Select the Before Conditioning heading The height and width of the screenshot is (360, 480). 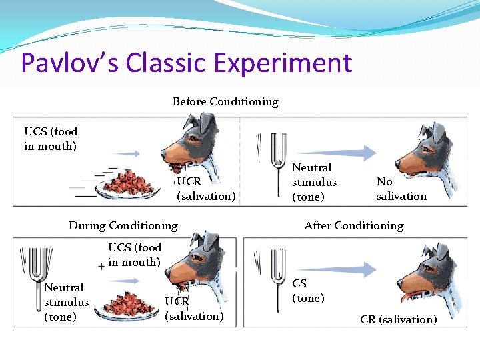pyautogui.click(x=225, y=102)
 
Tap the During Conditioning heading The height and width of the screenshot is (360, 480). pyautogui.click(x=123, y=225)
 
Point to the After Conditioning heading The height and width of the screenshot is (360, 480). pyautogui.click(x=353, y=225)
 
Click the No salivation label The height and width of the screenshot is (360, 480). pyautogui.click(x=401, y=189)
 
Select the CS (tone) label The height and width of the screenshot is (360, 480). pyautogui.click(x=308, y=291)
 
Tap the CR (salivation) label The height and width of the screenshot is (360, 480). pyautogui.click(x=399, y=319)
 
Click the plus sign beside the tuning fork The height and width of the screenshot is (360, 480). pyautogui.click(x=101, y=266)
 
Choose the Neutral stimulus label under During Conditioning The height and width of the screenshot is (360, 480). pyautogui.click(x=65, y=302)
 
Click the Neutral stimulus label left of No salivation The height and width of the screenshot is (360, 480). pyautogui.click(x=314, y=182)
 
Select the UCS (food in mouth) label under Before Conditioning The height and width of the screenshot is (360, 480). pyautogui.click(x=51, y=139)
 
